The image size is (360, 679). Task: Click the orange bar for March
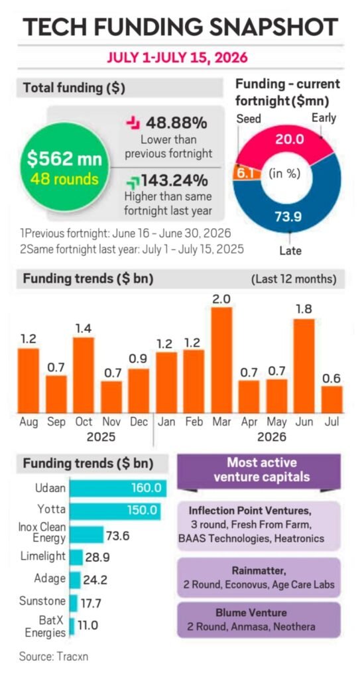pos(222,360)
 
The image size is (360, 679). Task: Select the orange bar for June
pos(304,366)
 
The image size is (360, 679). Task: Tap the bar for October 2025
pos(83,375)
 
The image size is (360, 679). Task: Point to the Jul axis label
pos(331,421)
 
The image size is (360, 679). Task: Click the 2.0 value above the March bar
pos(222,299)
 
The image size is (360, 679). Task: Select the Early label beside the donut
pos(324,118)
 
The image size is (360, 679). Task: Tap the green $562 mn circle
pos(64,166)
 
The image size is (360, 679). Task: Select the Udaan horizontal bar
pos(118,489)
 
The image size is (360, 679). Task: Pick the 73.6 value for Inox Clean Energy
pos(118,536)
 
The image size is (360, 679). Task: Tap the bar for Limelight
pos(76,557)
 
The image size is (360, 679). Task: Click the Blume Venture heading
pos(259,613)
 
